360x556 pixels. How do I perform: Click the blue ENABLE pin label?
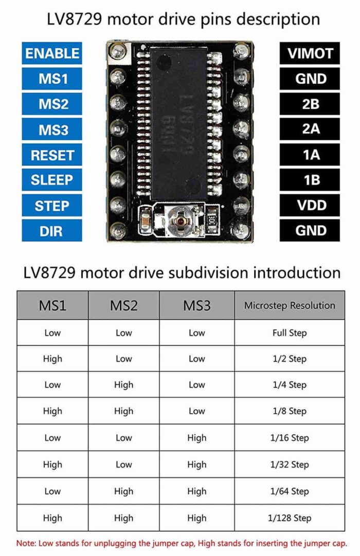coord(52,53)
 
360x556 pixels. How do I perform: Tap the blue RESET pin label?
coord(52,155)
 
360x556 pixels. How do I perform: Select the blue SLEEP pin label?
coord(52,180)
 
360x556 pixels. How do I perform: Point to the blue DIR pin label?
coord(52,231)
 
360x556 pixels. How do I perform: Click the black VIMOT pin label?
coord(311,53)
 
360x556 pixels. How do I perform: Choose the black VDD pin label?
coord(311,206)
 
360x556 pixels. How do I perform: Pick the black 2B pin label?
coord(311,104)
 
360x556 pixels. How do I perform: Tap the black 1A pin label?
coord(311,155)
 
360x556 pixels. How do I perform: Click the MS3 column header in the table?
coord(197,306)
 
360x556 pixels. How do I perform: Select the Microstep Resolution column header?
coord(290,306)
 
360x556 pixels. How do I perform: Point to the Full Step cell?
coord(290,333)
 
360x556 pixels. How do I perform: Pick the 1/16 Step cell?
coord(290,438)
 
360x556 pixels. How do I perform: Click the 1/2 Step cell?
coord(290,359)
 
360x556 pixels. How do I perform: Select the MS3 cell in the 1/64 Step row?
coord(197,491)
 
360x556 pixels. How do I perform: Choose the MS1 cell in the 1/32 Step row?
coord(52,465)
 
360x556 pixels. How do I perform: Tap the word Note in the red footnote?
coord(26,543)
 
